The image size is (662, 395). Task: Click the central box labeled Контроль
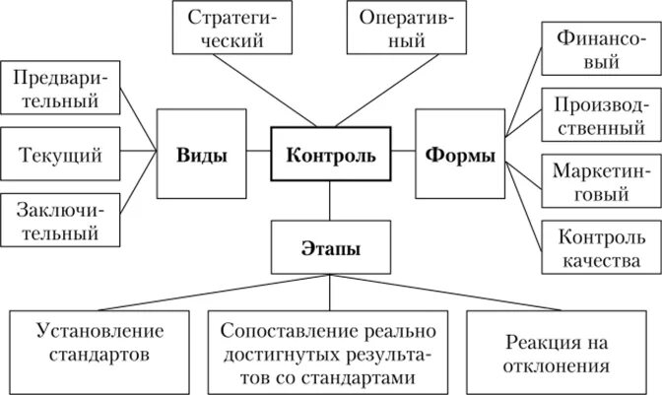click(x=331, y=155)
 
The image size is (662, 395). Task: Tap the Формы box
click(x=460, y=155)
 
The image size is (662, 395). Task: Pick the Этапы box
click(x=330, y=246)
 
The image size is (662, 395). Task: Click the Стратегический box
click(x=232, y=29)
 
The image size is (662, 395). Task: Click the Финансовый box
click(x=600, y=50)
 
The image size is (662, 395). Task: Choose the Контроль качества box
click(x=600, y=247)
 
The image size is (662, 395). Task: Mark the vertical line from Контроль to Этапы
click(x=330, y=201)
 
